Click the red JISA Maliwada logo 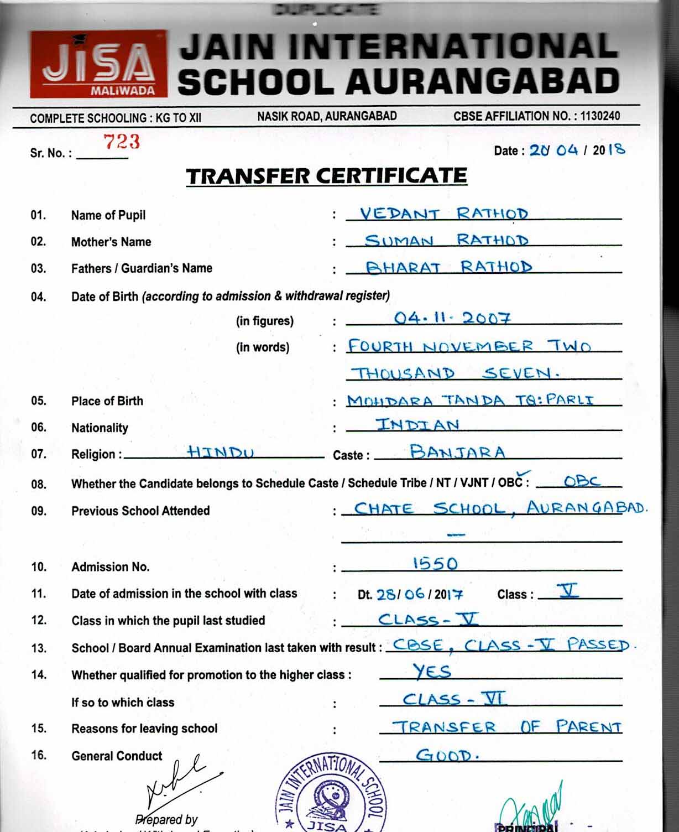(98, 64)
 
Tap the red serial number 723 (122, 142)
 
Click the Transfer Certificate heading (326, 176)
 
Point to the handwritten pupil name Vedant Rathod (443, 214)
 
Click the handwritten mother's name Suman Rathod (446, 240)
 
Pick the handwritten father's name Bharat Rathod (448, 267)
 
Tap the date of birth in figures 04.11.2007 (452, 318)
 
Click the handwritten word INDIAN (417, 425)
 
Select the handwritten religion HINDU (220, 453)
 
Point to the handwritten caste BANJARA (457, 453)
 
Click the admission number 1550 (435, 564)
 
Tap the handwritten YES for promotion (432, 672)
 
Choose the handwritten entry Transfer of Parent (506, 727)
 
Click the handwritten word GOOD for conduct (446, 755)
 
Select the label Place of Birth (107, 401)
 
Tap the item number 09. (39, 511)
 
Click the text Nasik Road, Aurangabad (327, 116)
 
